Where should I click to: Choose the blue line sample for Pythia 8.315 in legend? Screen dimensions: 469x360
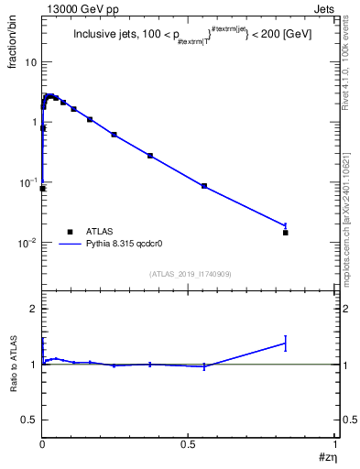pyautogui.click(x=71, y=245)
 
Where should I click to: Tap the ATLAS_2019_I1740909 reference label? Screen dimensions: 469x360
pyautogui.click(x=190, y=274)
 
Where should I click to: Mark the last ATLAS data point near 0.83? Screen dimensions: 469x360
pyautogui.click(x=286, y=233)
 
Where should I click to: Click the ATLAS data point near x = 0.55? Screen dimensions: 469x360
pyautogui.click(x=204, y=186)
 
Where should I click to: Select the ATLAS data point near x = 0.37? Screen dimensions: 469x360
pyautogui.click(x=150, y=156)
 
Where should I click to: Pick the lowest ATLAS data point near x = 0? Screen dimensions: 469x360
pyautogui.click(x=43, y=189)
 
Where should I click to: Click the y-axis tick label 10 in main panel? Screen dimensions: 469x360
pyautogui.click(x=30, y=62)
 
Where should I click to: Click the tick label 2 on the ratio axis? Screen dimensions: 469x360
pyautogui.click(x=34, y=310)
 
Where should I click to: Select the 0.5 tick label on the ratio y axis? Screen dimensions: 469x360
pyautogui.click(x=29, y=420)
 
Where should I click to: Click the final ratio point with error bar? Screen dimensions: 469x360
pyautogui.click(x=286, y=344)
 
